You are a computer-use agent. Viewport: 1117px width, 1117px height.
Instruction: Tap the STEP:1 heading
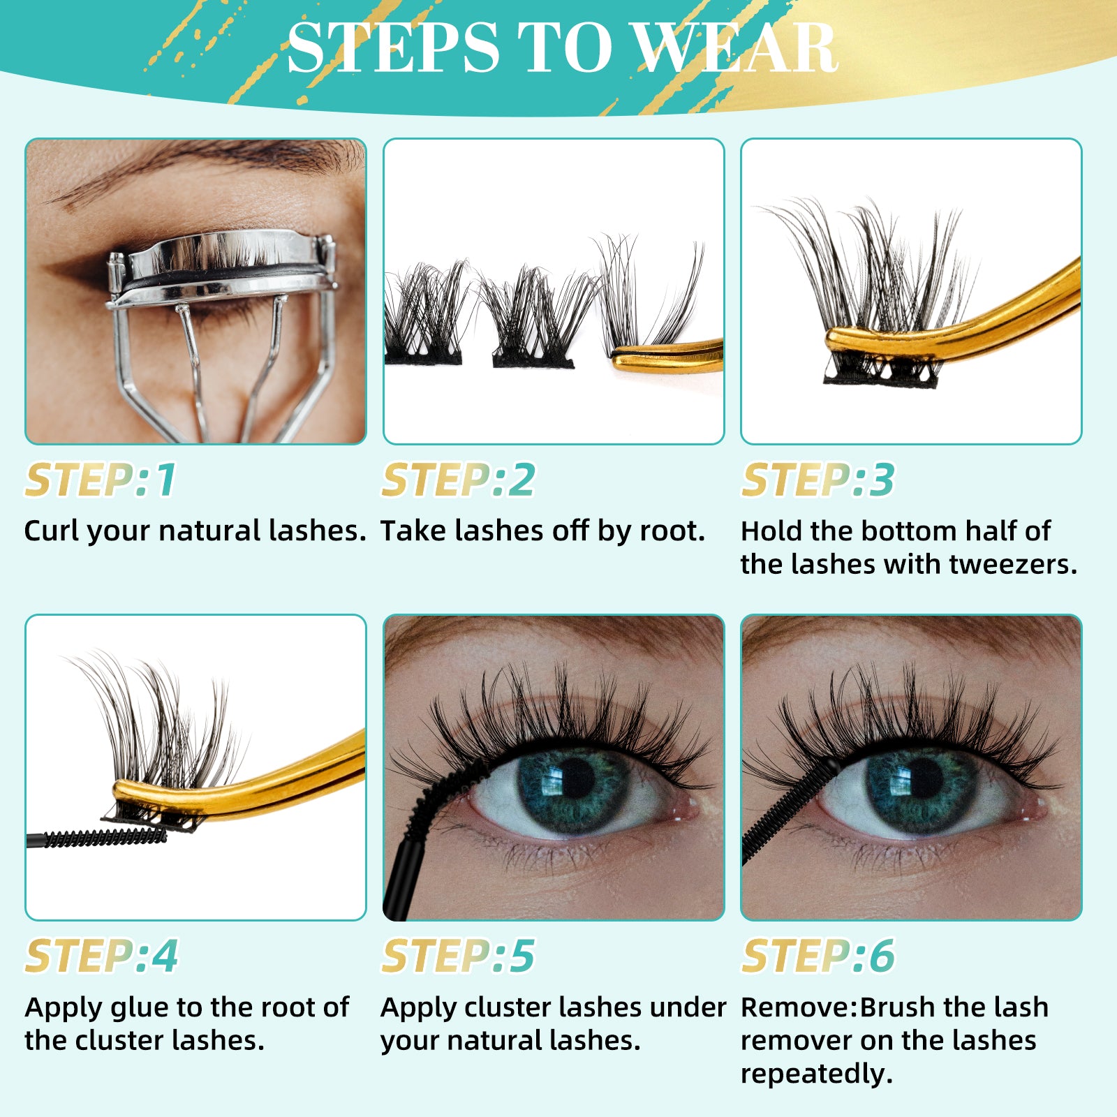(101, 480)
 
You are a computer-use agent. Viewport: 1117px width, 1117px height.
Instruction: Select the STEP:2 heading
(458, 480)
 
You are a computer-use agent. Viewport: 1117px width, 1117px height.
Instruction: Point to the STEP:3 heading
(817, 480)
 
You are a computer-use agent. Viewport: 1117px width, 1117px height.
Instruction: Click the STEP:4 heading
(101, 956)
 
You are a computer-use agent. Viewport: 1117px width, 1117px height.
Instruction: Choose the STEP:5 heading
(458, 956)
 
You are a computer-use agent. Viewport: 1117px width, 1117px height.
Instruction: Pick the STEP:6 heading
(817, 956)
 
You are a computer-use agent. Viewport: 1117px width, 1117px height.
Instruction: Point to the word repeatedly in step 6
(816, 1074)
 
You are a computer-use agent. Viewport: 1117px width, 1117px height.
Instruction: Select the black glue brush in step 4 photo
(105, 837)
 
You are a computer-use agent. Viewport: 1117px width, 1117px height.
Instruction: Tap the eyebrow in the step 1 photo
(209, 164)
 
